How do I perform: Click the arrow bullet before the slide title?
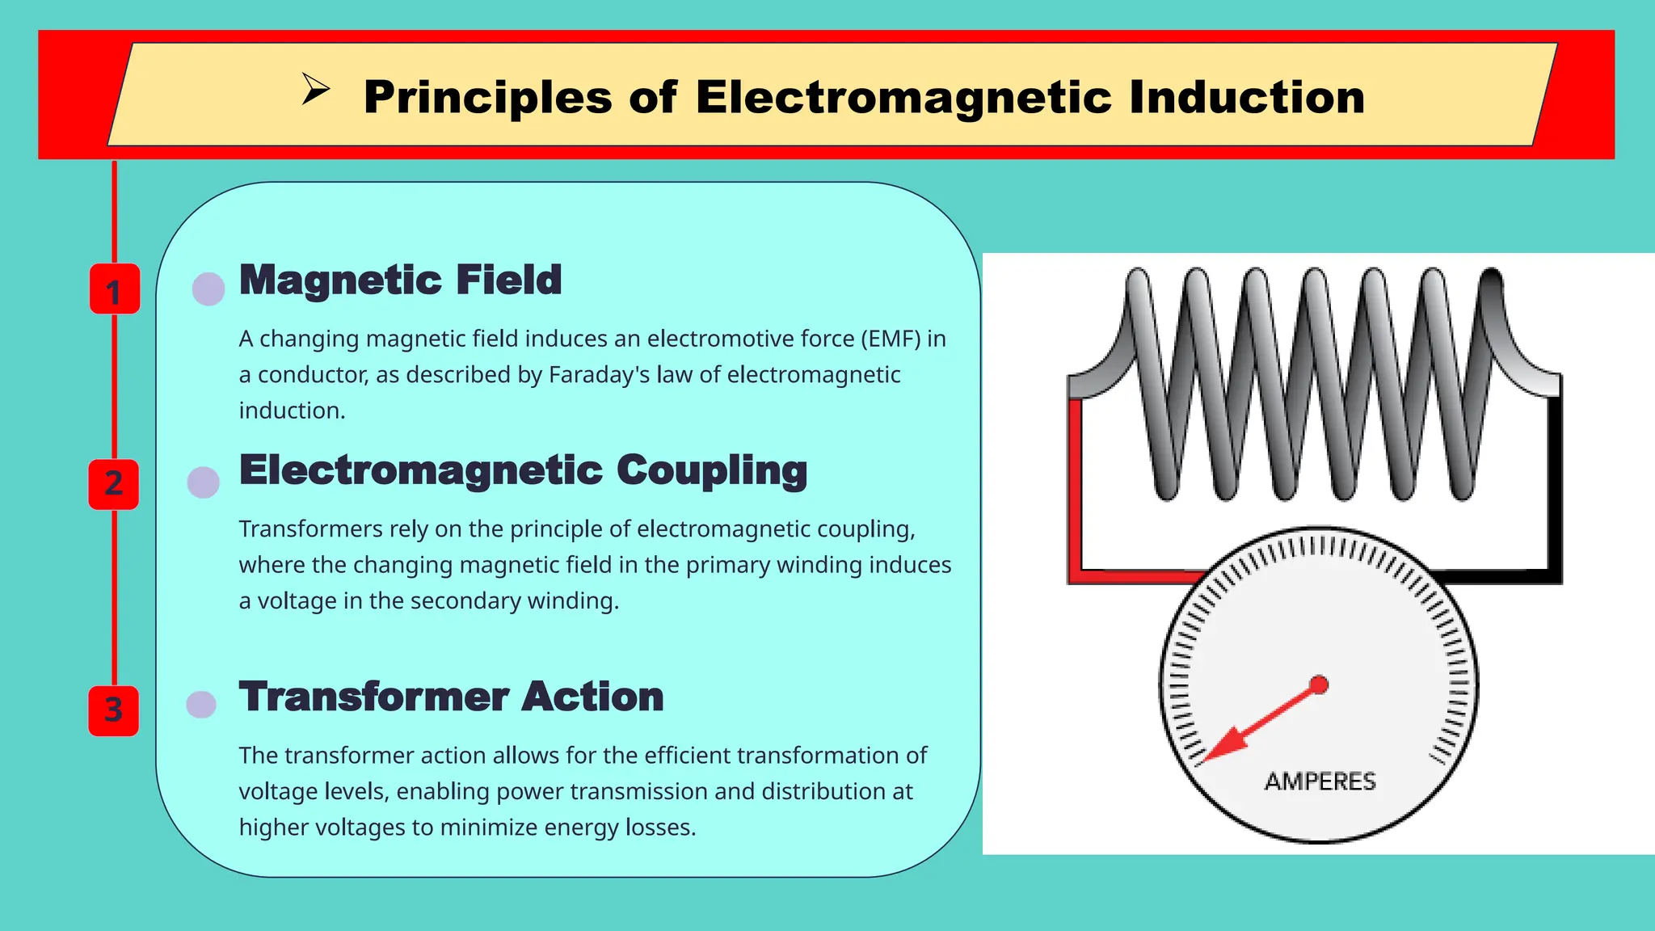tap(315, 89)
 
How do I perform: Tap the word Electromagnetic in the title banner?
tap(904, 98)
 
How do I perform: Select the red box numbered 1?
tap(114, 289)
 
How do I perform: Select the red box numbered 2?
tap(114, 484)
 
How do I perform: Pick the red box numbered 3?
tap(114, 710)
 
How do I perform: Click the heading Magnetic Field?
tap(400, 280)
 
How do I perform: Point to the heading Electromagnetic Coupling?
tap(523, 470)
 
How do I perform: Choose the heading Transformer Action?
tap(451, 697)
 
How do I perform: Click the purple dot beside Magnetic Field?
tap(208, 289)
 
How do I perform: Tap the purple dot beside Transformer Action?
tap(201, 704)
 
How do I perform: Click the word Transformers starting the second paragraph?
tap(310, 529)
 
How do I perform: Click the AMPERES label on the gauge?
tap(1320, 781)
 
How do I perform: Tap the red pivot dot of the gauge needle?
tap(1319, 685)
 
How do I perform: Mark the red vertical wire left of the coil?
tap(1075, 485)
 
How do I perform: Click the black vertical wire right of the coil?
tap(1555, 485)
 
